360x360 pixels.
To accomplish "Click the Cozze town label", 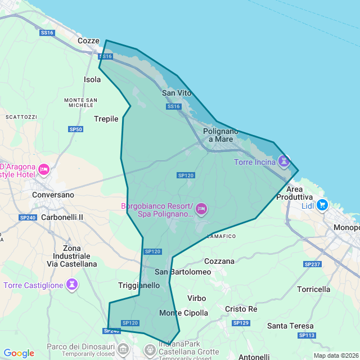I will point(88,41).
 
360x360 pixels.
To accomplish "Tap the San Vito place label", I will point(177,93).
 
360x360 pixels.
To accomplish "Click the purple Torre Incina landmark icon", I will point(284,162).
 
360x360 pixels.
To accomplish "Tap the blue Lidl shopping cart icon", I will point(322,204).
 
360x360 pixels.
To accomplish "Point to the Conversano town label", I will point(53,195).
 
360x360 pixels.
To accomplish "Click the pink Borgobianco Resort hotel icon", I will point(201,210).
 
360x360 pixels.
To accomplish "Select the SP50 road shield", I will point(76,129).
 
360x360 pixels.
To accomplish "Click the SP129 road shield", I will point(241,323).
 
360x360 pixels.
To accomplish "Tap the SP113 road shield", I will point(307,335).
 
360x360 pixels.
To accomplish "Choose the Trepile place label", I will point(106,119).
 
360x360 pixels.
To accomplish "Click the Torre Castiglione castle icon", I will point(72,285).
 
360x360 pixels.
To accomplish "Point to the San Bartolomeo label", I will point(183,272).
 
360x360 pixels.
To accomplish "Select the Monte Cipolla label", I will point(184,313).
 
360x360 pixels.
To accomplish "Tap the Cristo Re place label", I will point(241,309).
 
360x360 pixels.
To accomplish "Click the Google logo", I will point(19,353).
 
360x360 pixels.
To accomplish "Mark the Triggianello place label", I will point(139,285).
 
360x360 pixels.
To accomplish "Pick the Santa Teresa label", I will point(290,326).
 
